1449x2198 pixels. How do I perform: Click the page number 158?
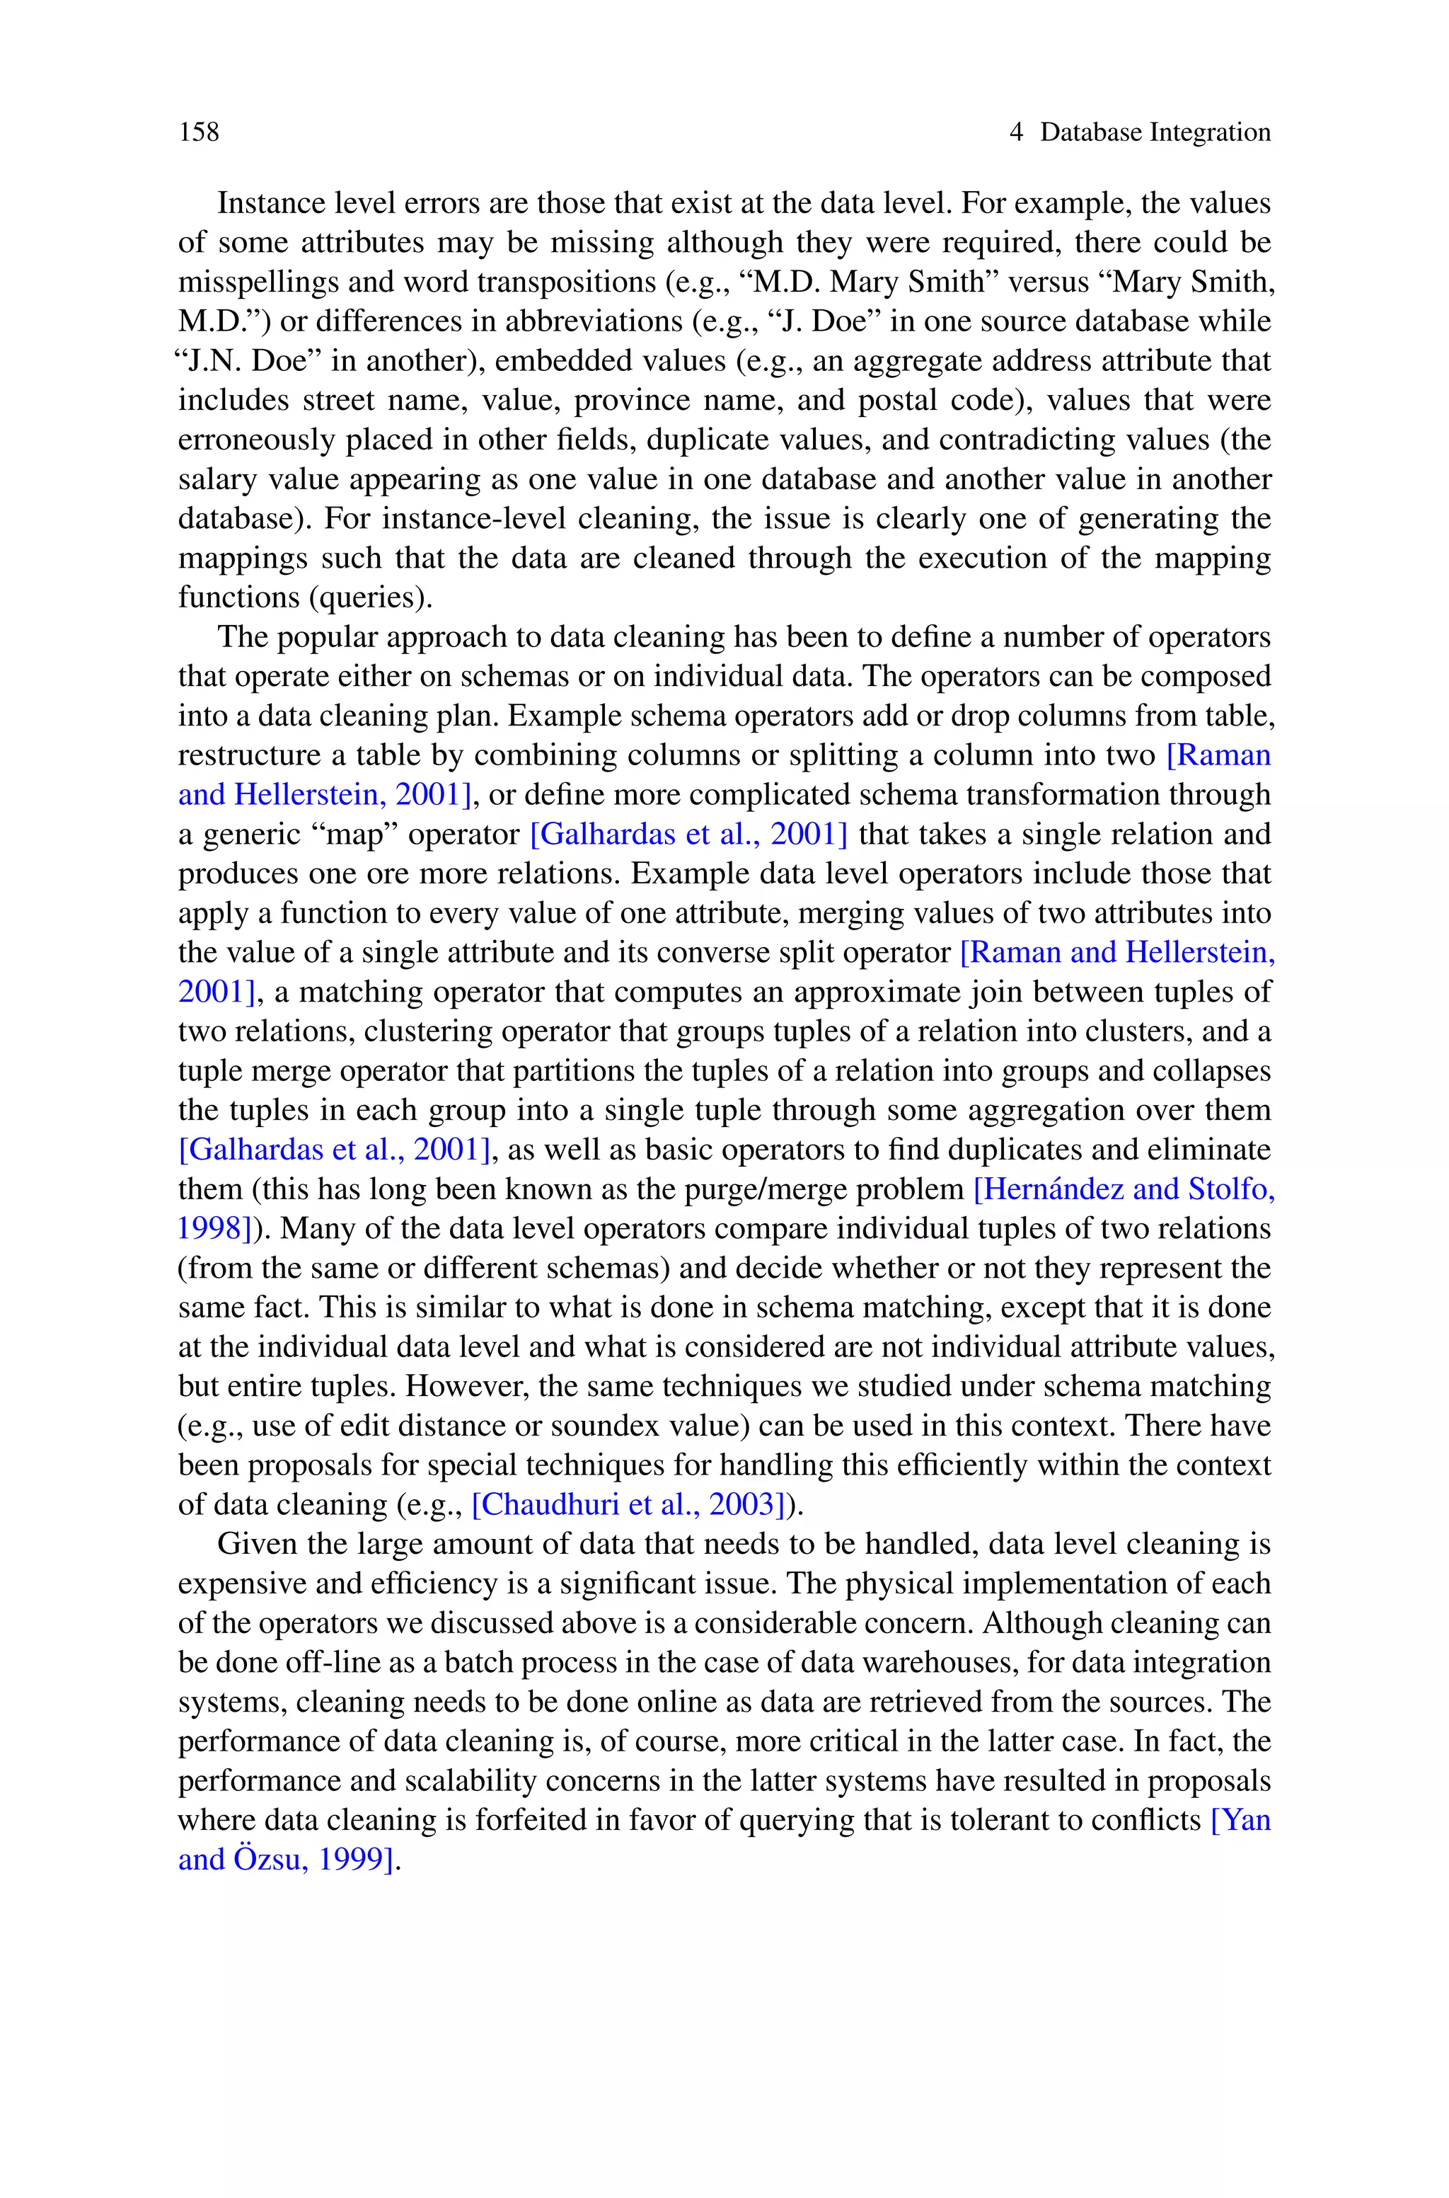coord(200,132)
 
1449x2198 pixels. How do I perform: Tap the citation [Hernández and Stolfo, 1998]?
coord(1124,1189)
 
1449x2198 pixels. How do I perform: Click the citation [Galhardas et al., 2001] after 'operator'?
coord(688,835)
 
